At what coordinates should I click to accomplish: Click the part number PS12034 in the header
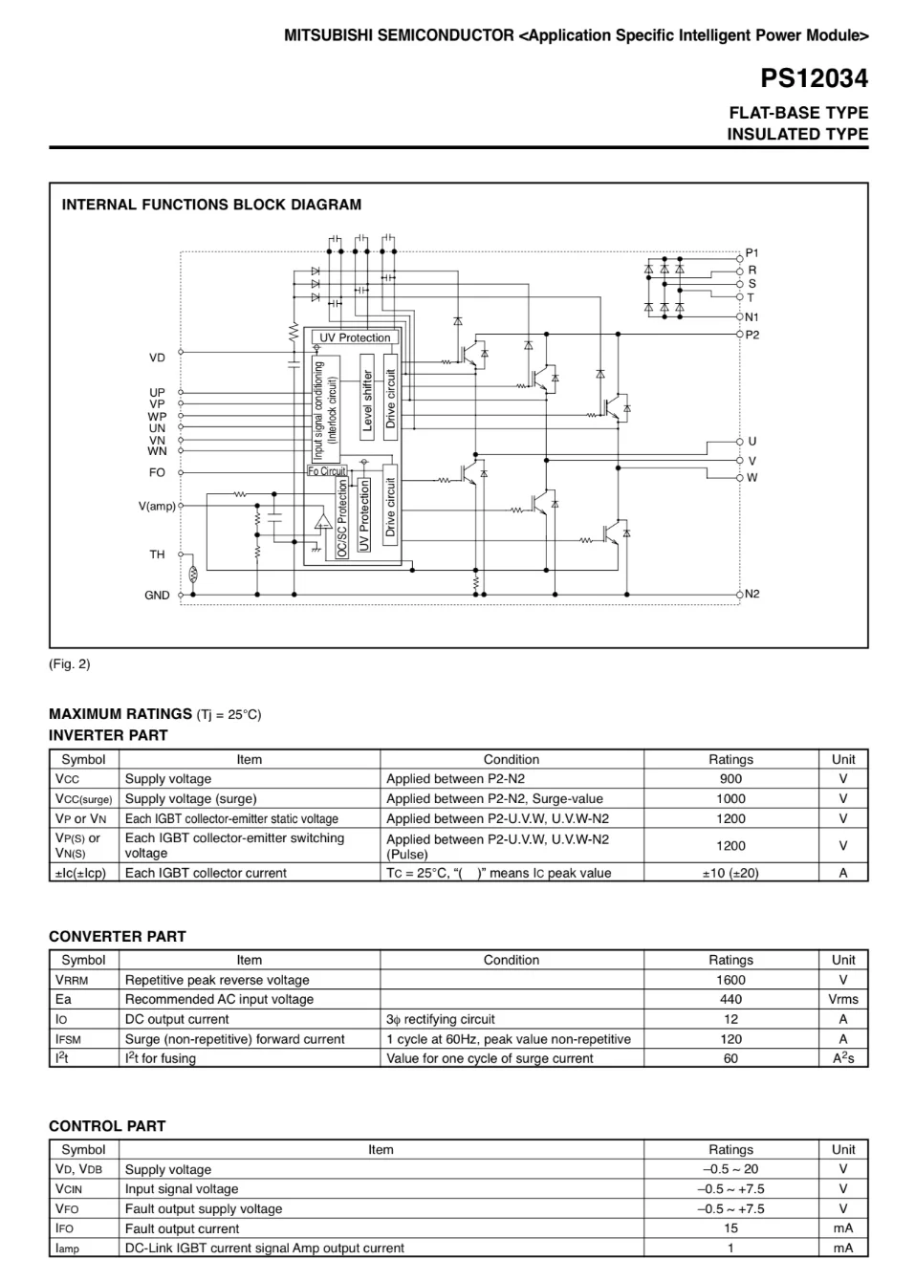coord(814,78)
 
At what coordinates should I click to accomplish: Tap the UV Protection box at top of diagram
coord(355,337)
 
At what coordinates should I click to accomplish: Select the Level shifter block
coord(367,401)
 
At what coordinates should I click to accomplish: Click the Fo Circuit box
coord(327,471)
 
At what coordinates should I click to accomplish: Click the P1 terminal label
coord(752,253)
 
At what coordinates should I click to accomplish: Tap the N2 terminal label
coord(752,594)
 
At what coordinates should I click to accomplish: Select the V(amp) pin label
coord(157,506)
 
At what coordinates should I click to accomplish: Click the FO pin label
coord(157,472)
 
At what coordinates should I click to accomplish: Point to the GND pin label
coord(157,595)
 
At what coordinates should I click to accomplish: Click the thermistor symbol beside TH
coord(192,575)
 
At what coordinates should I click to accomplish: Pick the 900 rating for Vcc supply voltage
coord(730,779)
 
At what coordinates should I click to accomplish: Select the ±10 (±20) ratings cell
coord(730,873)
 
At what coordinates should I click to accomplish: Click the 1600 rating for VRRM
coord(730,980)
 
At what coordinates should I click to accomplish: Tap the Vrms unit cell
coord(842,999)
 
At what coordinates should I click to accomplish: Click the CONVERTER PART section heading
coord(118,937)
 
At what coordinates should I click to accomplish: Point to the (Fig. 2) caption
coord(70,663)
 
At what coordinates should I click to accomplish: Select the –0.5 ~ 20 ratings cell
coord(730,1169)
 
